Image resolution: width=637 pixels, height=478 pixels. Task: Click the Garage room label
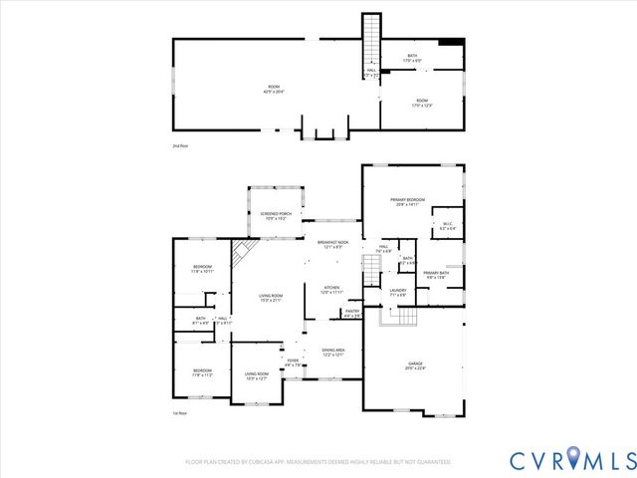[414, 365]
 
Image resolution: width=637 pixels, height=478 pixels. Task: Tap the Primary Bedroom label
[409, 202]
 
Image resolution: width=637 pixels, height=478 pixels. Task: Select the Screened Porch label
[276, 215]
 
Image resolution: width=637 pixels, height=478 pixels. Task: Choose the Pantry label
[351, 313]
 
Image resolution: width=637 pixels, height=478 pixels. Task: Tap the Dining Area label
[333, 351]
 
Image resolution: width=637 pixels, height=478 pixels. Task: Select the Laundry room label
[398, 292]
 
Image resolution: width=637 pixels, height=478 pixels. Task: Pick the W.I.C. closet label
[447, 226]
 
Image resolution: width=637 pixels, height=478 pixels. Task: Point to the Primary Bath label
[436, 275]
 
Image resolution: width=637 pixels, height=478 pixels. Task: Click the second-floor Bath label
[413, 59]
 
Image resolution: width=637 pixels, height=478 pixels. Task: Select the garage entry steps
[404, 316]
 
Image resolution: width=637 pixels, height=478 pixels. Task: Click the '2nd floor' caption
[180, 145]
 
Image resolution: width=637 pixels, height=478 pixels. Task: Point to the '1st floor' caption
[180, 412]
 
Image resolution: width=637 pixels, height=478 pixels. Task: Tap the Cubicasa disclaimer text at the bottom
[318, 462]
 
